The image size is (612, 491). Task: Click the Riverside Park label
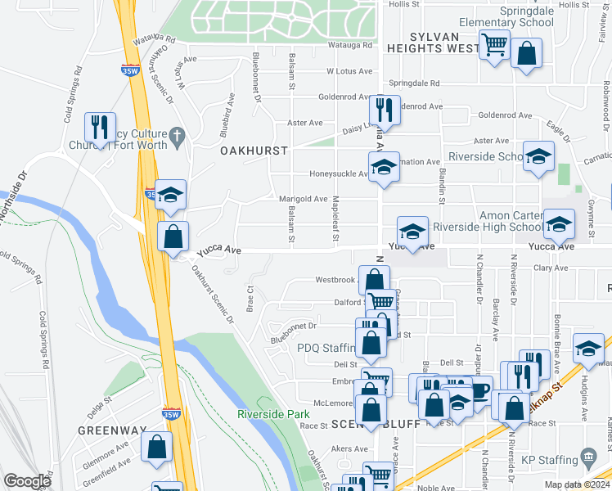coord(273,414)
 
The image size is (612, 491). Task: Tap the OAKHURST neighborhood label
coord(254,151)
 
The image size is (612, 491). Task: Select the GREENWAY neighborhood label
coord(111,430)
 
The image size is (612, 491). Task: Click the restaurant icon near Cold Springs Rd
coord(101,128)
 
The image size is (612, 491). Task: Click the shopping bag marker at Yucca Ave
coord(173,237)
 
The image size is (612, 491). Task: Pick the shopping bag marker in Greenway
coord(156,448)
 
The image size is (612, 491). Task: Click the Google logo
coord(27,481)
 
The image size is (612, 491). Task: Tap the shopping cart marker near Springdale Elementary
coord(495,45)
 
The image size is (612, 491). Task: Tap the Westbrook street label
coord(336,280)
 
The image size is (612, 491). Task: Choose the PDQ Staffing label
coord(326,347)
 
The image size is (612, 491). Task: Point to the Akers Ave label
coord(349,449)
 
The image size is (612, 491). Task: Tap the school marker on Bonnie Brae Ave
coord(588,349)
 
